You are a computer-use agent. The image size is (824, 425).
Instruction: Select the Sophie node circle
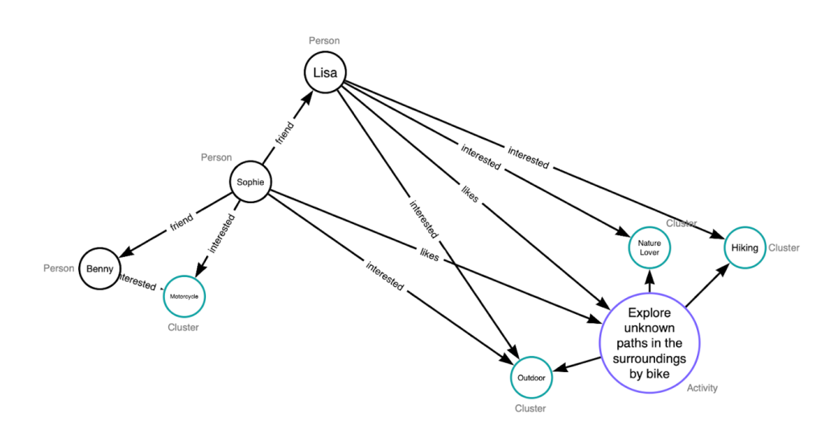[x=249, y=182]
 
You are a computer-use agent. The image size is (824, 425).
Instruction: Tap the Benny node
[x=100, y=268]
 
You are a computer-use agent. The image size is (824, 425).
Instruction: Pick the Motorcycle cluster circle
[x=184, y=296]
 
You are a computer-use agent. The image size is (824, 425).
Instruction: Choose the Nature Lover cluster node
[x=649, y=247]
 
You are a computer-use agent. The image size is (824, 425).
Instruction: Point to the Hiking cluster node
[x=744, y=247]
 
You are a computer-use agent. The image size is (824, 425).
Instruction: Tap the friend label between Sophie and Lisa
[x=286, y=131]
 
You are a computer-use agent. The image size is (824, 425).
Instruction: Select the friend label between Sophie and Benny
[x=181, y=223]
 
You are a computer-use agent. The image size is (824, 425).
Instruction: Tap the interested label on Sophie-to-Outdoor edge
[x=385, y=276]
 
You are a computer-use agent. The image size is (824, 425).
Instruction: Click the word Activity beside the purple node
[x=702, y=388]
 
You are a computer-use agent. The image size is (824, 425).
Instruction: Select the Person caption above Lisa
[x=324, y=41]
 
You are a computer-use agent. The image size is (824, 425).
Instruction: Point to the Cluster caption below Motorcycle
[x=183, y=327]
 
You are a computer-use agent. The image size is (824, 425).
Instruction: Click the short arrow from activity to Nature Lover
[x=649, y=280]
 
